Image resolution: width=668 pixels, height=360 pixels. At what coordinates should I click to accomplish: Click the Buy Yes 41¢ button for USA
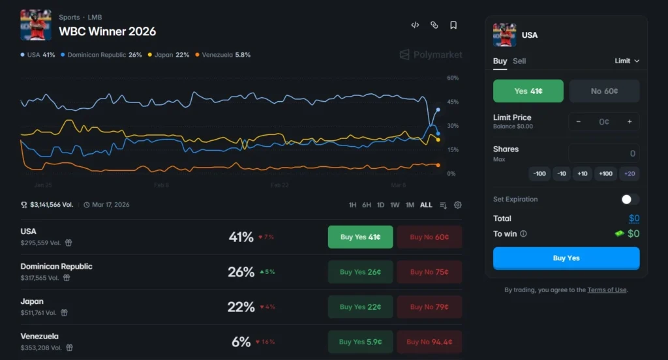(360, 237)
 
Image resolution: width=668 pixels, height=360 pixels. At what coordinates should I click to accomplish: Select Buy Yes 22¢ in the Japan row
(360, 307)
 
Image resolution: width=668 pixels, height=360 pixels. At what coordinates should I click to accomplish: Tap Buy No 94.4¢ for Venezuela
(429, 342)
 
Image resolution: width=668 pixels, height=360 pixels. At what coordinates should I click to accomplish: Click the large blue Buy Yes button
(566, 258)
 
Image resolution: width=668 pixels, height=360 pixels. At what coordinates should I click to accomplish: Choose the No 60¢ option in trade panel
(604, 91)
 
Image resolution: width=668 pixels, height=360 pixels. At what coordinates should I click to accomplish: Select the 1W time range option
(395, 205)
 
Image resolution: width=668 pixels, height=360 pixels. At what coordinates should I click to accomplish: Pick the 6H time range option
(367, 205)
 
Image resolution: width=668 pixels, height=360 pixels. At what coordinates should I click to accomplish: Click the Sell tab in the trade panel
(519, 61)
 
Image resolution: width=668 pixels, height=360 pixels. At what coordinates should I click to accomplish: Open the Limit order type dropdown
(627, 61)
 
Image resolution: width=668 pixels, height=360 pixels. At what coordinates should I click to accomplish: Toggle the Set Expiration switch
(630, 200)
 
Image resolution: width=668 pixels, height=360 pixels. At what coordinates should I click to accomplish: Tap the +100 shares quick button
(605, 173)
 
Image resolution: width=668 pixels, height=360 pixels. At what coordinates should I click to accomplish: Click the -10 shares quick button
(561, 173)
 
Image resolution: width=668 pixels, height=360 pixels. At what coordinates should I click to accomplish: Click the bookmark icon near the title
(453, 25)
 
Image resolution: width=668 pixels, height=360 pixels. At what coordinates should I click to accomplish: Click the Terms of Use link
(607, 290)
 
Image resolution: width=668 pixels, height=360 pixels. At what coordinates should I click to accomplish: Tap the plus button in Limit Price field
(630, 122)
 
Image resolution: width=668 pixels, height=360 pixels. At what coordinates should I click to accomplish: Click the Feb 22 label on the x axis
(279, 185)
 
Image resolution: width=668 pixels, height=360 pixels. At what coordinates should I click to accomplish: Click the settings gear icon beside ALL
(458, 205)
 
